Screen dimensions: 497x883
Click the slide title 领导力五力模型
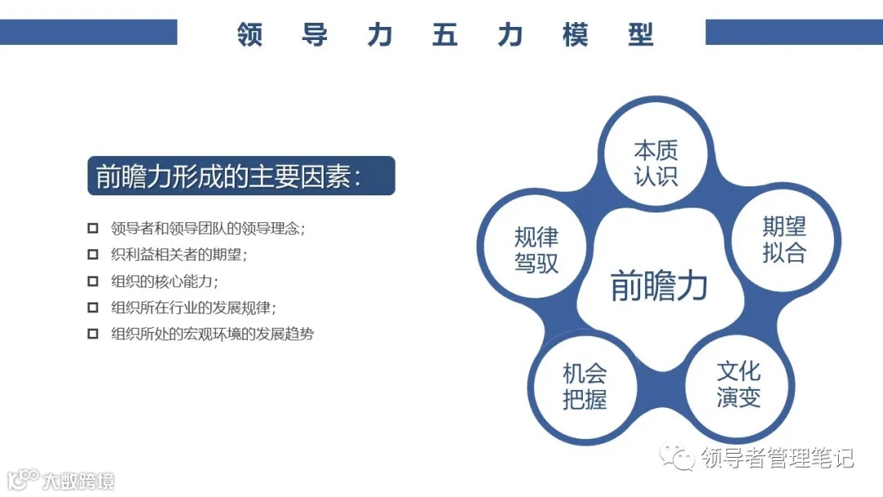pos(445,35)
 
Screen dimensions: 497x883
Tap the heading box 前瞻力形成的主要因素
pos(240,176)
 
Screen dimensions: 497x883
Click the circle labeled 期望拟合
pos(783,240)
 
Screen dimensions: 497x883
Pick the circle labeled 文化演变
pos(737,384)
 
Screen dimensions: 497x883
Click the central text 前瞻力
pos(659,287)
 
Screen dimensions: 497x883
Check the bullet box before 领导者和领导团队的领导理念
pos(92,228)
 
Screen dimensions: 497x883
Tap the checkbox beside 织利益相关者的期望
pos(92,254)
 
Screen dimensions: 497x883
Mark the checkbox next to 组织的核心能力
pos(92,281)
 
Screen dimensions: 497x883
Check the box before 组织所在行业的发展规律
pos(92,307)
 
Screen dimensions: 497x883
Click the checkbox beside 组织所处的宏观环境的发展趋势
pos(92,334)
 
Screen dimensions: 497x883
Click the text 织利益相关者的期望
pos(179,254)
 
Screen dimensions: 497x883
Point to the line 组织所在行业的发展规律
pos(194,307)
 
